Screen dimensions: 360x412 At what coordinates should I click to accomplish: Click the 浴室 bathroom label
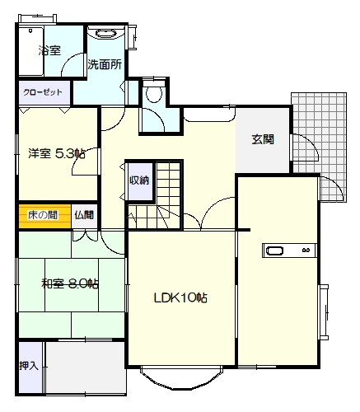(x=49, y=50)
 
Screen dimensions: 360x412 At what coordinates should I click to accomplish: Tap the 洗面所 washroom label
(x=105, y=65)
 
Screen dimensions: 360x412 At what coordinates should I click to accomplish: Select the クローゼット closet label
(x=43, y=92)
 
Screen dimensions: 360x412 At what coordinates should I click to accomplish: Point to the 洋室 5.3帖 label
(x=57, y=153)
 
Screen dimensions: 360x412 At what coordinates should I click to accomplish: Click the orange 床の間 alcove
(x=45, y=216)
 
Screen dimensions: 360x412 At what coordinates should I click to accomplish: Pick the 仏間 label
(x=84, y=215)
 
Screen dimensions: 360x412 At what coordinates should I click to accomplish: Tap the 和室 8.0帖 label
(x=70, y=283)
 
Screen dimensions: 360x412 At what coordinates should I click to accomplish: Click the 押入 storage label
(x=29, y=366)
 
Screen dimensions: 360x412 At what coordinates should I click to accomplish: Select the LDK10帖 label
(x=180, y=297)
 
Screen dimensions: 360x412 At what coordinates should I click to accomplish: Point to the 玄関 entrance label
(x=263, y=139)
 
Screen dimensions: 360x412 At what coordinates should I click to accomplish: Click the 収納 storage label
(x=139, y=180)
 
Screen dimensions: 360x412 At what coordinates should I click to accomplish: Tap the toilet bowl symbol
(x=154, y=92)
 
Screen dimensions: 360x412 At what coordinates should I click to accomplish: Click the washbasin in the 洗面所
(x=105, y=34)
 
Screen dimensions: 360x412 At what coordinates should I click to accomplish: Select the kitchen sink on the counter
(x=275, y=250)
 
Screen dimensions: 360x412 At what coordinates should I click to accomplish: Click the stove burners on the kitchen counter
(x=306, y=250)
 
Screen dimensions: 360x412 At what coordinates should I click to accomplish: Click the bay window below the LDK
(x=181, y=378)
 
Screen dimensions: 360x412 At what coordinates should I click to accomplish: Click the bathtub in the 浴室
(x=31, y=51)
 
